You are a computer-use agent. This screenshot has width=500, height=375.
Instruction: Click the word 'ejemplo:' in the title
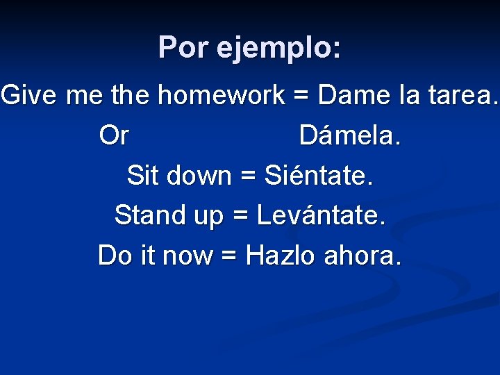click(x=279, y=49)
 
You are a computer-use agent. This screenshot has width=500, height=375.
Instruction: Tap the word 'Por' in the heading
click(x=183, y=48)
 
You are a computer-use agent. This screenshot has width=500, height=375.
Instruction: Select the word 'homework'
click(x=222, y=95)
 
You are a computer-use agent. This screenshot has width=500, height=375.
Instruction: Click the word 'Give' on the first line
click(x=30, y=95)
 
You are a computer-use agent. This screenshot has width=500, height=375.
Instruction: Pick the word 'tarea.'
click(x=465, y=95)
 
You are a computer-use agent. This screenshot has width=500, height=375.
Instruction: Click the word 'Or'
click(x=114, y=135)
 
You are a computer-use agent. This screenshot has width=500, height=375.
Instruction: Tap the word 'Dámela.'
click(x=350, y=135)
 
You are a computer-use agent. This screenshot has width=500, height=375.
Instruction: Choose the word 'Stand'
click(x=150, y=215)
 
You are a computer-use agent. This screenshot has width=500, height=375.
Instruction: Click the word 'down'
click(x=201, y=175)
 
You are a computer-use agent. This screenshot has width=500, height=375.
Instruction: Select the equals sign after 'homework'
click(x=301, y=96)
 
